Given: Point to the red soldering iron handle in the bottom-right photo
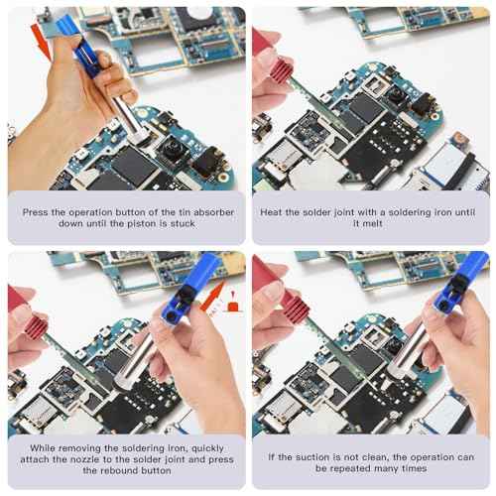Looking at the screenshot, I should point(270,298).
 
